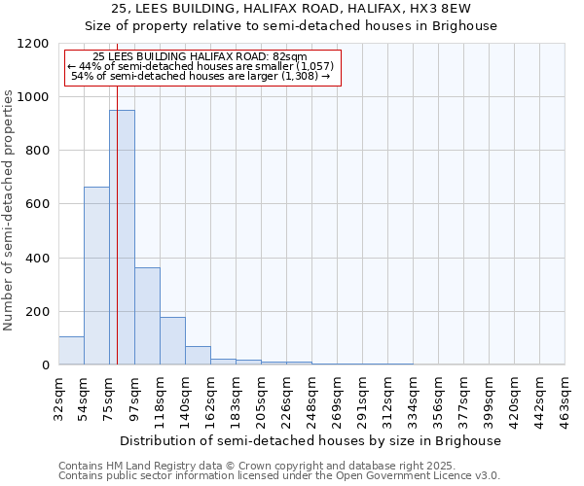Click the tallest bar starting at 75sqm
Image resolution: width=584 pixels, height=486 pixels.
click(x=122, y=237)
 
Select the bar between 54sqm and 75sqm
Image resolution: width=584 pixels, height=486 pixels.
click(x=96, y=275)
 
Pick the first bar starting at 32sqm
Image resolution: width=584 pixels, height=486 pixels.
click(x=71, y=350)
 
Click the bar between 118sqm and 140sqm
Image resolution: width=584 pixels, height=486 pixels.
click(x=172, y=340)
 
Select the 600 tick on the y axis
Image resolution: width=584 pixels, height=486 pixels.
click(x=37, y=204)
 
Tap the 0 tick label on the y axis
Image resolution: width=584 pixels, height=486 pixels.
click(x=45, y=365)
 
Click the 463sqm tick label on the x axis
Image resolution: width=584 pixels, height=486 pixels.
click(x=566, y=402)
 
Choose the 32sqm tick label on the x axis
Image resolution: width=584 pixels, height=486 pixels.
click(x=59, y=399)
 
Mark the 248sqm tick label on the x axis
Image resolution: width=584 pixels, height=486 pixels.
click(x=312, y=402)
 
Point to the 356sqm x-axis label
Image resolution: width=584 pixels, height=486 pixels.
click(x=439, y=402)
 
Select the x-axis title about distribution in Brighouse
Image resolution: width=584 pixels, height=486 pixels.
click(x=311, y=440)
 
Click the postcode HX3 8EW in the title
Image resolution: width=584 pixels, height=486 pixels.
click(x=463, y=9)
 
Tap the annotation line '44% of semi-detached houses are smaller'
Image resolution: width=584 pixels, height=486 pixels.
click(x=201, y=66)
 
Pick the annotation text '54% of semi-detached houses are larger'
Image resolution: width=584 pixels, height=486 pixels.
click(x=201, y=76)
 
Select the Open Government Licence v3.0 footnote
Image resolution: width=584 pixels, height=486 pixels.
click(x=278, y=476)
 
